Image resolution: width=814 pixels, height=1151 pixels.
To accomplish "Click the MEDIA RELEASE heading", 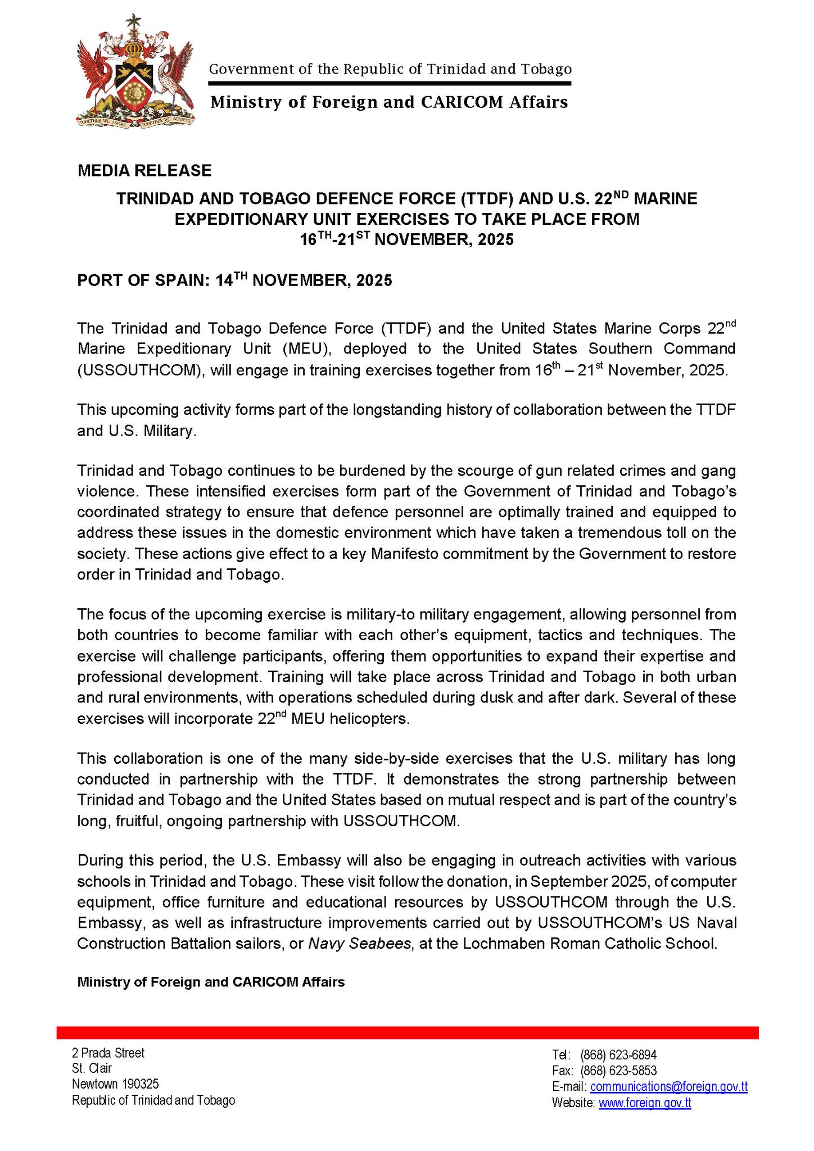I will coord(144,170).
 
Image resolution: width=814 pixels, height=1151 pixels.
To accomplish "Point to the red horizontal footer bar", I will coord(407,1032).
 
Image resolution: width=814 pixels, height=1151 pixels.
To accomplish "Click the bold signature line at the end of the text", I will coord(211,982).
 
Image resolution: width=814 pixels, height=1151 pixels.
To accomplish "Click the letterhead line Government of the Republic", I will coord(390,69).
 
